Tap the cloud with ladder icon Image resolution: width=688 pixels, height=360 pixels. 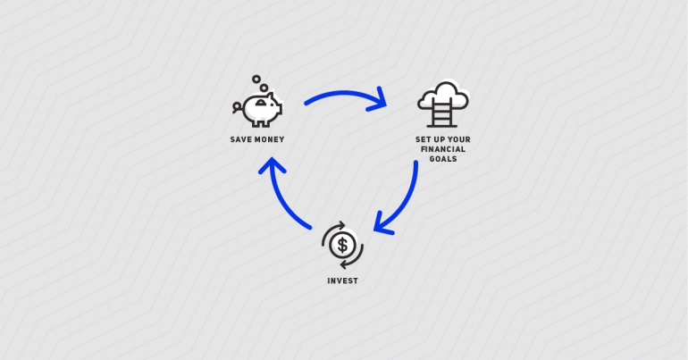[442, 105]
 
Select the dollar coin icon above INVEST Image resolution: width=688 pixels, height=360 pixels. [342, 245]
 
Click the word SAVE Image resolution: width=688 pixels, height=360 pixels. [239, 139]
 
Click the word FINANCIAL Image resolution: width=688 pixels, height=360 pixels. [442, 149]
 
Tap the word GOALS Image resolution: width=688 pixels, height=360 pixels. [442, 159]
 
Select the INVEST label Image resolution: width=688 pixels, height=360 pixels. [342, 280]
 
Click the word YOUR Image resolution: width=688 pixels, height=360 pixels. [459, 139]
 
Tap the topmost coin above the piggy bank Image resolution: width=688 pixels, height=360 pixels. [256, 79]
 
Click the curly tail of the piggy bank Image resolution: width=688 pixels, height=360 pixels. [237, 107]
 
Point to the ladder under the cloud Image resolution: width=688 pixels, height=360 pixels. [442, 113]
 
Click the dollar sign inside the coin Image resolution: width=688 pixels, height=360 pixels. [342, 245]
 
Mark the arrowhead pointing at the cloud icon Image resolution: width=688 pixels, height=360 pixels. [379, 100]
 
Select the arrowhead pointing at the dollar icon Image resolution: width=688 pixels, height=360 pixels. [382, 224]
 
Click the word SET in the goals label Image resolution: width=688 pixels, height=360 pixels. [422, 139]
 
